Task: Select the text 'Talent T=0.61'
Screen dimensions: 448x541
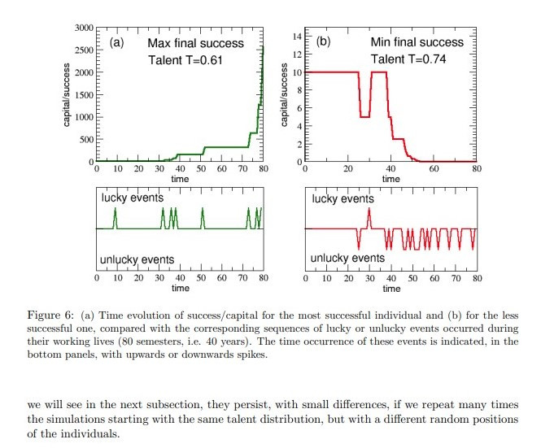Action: [185, 60]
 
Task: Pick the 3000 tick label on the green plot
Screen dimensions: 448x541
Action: [83, 28]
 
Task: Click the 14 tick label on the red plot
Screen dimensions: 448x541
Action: [297, 37]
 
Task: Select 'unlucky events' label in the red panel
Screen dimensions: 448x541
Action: [348, 259]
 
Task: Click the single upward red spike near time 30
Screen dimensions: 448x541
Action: [369, 218]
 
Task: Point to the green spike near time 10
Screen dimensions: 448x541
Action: [116, 218]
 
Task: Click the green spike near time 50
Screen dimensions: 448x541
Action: [203, 218]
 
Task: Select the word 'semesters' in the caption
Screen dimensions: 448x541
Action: [293, 342]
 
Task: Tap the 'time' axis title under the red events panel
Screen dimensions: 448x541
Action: [390, 288]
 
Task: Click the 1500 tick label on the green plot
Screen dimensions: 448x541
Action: [83, 95]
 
